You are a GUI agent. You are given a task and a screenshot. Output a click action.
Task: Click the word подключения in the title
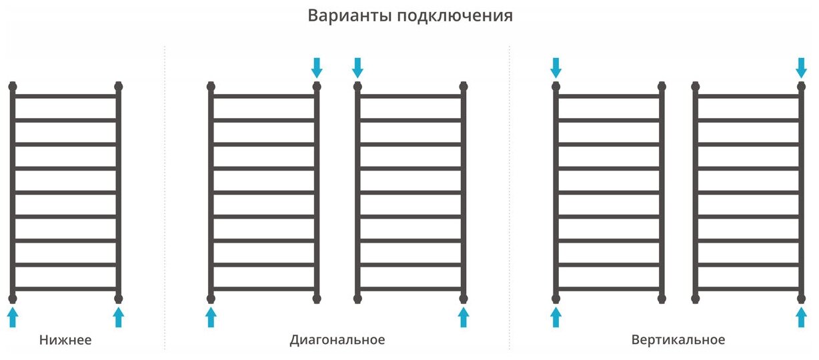(x=455, y=16)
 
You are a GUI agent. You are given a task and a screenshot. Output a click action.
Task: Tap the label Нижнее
(x=65, y=340)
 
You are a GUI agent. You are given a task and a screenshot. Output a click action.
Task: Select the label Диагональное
(x=337, y=340)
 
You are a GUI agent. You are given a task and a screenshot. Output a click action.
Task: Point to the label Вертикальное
(x=678, y=340)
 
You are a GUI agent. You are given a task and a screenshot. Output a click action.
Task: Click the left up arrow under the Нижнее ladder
(x=12, y=317)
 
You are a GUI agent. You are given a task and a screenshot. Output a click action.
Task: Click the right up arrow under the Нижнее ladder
(x=119, y=317)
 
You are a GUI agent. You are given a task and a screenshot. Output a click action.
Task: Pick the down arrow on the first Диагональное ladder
(x=317, y=67)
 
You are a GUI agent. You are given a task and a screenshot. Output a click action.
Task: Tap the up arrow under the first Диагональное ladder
(x=211, y=317)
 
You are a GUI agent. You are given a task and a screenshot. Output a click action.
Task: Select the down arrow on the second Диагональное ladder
(x=357, y=67)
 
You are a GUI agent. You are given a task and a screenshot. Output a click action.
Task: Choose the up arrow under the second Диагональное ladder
(x=464, y=317)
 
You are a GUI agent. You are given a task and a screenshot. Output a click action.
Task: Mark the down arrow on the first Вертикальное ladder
(x=556, y=67)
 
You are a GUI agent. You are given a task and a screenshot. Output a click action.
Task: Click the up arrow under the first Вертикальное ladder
(x=556, y=317)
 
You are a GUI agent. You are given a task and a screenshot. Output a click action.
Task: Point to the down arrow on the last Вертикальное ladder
(x=802, y=67)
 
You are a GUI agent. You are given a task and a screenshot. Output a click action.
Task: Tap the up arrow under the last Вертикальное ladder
(x=802, y=317)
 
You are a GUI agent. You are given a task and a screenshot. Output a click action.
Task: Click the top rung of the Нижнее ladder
(x=65, y=96)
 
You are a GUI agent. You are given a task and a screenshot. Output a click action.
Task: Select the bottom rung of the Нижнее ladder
(x=65, y=289)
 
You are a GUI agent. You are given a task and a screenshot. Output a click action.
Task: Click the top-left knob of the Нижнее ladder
(x=12, y=86)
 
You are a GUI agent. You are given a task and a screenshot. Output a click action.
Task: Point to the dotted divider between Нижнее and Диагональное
(x=165, y=200)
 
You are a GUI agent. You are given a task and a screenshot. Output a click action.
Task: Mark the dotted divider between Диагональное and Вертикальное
(x=510, y=200)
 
